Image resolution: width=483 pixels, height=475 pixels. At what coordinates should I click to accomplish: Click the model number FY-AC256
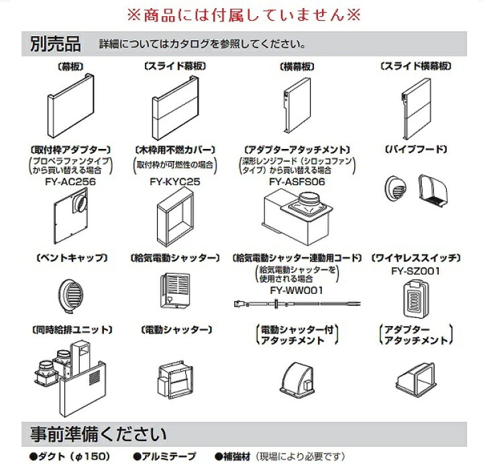[x=70, y=181]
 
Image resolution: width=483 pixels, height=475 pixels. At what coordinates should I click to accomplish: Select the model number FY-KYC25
[x=175, y=181]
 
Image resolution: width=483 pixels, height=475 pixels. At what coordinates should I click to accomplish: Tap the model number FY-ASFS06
[x=297, y=181]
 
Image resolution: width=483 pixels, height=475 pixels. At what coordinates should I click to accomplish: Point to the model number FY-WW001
[x=297, y=291]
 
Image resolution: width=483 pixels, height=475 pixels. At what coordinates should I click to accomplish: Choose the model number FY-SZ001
[x=415, y=271]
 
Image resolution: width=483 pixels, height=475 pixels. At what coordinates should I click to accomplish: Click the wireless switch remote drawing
[x=415, y=299]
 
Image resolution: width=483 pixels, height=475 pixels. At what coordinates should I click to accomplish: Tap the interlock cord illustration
[x=297, y=304]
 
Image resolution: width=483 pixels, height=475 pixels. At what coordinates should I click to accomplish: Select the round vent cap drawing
[x=71, y=295]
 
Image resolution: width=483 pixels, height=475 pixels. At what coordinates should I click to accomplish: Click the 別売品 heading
[x=56, y=44]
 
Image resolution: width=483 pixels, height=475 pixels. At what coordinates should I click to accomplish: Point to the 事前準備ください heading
[x=99, y=433]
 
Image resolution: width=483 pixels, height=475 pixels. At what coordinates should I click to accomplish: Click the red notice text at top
[x=244, y=15]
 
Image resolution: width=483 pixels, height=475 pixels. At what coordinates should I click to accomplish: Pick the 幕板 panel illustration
[x=71, y=105]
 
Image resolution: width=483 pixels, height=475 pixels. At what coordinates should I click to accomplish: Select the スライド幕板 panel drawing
[x=175, y=108]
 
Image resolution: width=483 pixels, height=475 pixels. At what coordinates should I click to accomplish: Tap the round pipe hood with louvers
[x=396, y=188]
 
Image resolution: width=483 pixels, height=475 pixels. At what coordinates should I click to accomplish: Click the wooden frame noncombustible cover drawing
[x=176, y=218]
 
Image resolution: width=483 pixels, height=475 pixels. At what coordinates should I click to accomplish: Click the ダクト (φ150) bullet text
[x=70, y=456]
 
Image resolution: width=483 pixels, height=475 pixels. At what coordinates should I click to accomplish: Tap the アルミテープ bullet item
[x=165, y=456]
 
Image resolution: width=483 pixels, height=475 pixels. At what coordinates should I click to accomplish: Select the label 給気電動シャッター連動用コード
[x=297, y=258]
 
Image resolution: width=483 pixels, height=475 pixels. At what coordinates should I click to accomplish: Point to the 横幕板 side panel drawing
[x=297, y=105]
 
